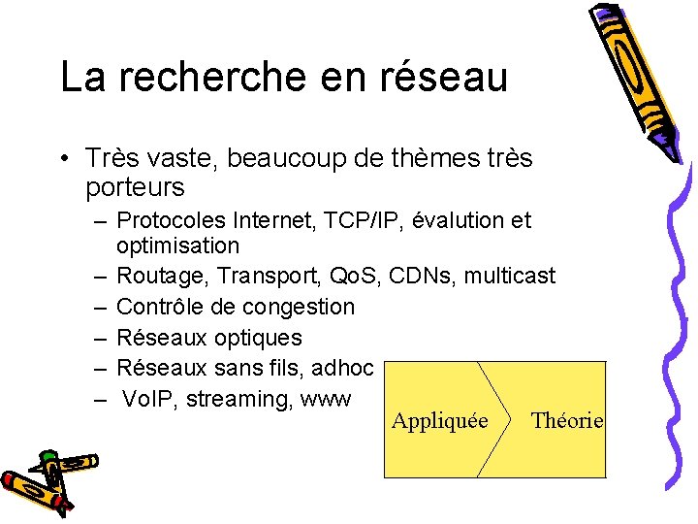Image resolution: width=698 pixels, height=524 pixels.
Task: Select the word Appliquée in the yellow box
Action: [439, 421]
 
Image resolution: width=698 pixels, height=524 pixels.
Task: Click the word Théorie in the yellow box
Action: [567, 420]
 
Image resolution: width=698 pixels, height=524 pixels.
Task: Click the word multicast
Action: [510, 276]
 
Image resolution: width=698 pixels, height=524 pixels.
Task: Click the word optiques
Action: [258, 338]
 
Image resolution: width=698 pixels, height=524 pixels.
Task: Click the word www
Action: [326, 400]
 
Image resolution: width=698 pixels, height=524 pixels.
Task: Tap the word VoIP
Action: [147, 399]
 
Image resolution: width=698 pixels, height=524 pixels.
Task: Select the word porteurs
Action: [135, 185]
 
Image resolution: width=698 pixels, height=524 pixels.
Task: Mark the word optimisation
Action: [177, 246]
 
